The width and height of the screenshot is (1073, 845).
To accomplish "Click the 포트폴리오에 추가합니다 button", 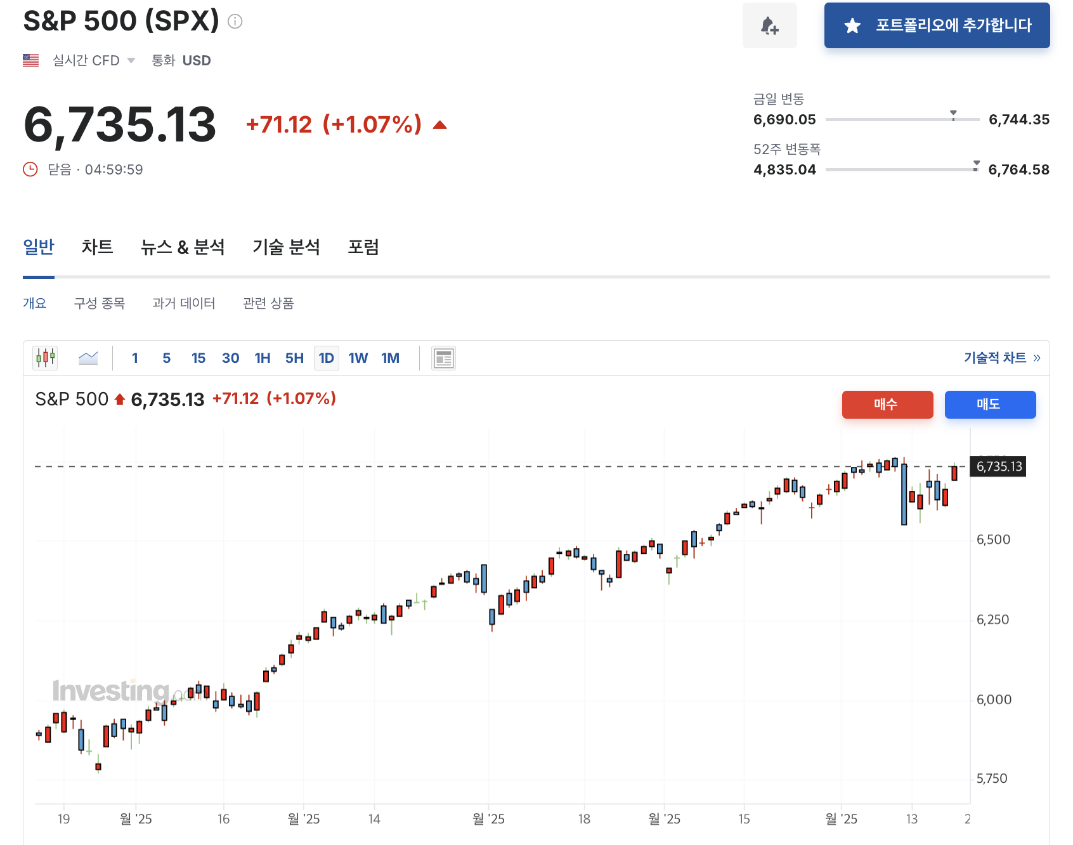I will point(937,25).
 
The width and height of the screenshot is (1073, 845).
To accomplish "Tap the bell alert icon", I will point(769,25).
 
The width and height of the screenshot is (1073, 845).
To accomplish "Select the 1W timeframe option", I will point(358,358).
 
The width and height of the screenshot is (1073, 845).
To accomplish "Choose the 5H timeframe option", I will point(294,358).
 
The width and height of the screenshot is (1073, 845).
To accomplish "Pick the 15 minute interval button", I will point(198,358).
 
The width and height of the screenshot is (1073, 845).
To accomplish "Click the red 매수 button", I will point(887,405).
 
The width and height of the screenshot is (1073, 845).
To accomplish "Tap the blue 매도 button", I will point(990,405).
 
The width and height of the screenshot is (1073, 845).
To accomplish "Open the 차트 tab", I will point(97,247).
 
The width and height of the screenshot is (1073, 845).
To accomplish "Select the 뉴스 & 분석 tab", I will point(183,247).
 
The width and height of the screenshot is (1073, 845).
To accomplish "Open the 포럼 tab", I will point(363,247).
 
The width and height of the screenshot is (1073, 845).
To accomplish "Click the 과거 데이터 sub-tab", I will point(183,303).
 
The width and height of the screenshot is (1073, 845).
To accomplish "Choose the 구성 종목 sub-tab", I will point(100,303).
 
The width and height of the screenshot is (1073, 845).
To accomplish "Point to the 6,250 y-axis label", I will point(993,620).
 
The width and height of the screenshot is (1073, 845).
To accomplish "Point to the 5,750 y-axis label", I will point(992,779).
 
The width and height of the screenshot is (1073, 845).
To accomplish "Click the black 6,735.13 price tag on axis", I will point(998,467).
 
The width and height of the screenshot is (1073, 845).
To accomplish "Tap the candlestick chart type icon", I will point(45,358).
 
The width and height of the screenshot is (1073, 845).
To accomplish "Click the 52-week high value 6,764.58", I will point(1018,170).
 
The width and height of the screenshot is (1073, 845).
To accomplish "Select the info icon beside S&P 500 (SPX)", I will point(235,22).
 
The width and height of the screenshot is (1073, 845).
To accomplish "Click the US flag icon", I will point(30,60).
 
